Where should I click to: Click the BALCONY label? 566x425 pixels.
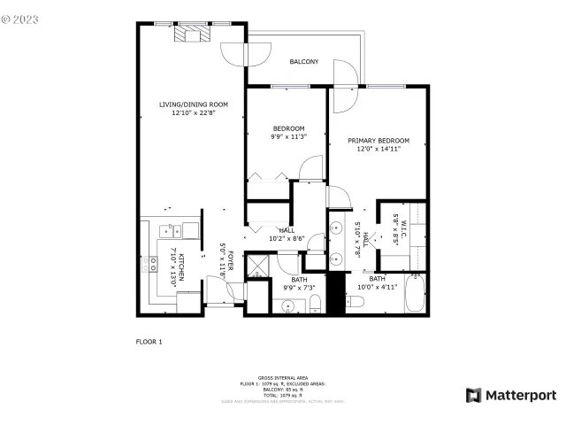click(x=304, y=62)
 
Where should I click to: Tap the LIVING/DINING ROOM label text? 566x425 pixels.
click(x=187, y=104)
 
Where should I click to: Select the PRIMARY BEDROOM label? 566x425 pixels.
click(x=378, y=141)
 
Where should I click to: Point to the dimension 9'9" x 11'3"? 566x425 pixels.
click(x=287, y=136)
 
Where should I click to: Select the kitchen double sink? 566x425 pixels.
click(x=185, y=231)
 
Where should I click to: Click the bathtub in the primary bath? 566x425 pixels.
click(x=415, y=294)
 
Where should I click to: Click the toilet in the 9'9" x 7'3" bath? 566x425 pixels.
click(x=316, y=305)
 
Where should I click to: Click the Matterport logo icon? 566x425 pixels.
click(x=474, y=395)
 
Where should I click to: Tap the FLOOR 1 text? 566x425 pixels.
click(x=149, y=341)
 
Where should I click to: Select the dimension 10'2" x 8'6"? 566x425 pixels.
click(x=287, y=238)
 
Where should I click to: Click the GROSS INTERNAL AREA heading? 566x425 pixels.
click(x=282, y=376)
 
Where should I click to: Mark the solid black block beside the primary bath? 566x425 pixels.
click(x=335, y=293)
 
